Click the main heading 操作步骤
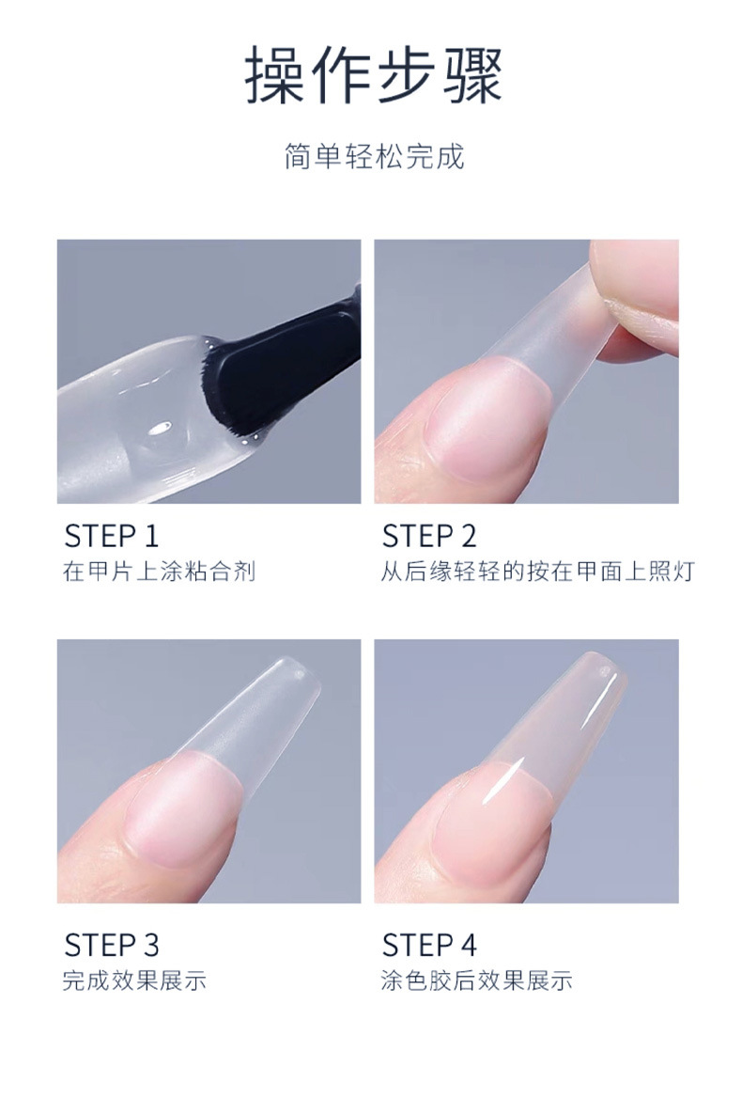[x=374, y=74]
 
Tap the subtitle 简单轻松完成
[x=374, y=156]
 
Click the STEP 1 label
[x=112, y=536]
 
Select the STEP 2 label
[x=429, y=536]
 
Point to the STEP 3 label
[x=112, y=945]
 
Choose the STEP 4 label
[x=429, y=945]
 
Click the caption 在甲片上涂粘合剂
[x=159, y=572]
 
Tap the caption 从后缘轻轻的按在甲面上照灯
[x=537, y=572]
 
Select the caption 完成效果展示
[x=134, y=980]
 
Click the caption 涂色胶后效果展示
[x=477, y=980]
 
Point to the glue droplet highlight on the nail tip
[x=161, y=428]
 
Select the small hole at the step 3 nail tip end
[x=299, y=671]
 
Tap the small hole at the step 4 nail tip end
[x=604, y=669]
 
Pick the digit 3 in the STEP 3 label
[x=150, y=945]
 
